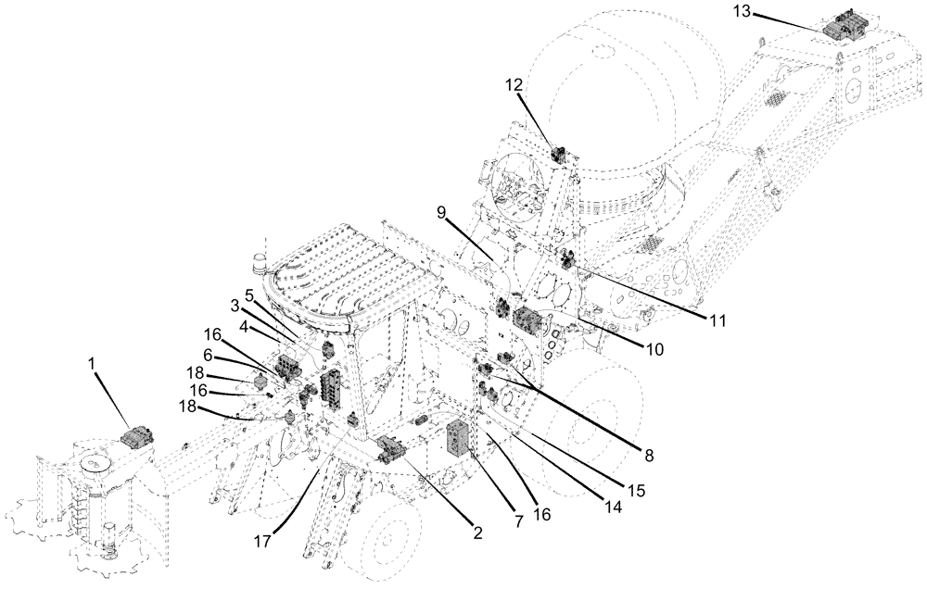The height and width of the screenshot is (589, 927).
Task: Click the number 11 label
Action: click(717, 320)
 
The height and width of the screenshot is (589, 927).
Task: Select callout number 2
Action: click(478, 533)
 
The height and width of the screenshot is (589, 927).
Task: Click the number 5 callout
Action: click(249, 294)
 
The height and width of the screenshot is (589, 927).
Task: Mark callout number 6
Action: click(209, 354)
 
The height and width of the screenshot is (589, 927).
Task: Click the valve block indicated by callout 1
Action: click(138, 437)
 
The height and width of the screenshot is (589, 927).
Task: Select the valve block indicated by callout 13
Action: click(844, 26)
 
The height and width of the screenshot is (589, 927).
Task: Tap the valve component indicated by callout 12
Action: click(560, 155)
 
